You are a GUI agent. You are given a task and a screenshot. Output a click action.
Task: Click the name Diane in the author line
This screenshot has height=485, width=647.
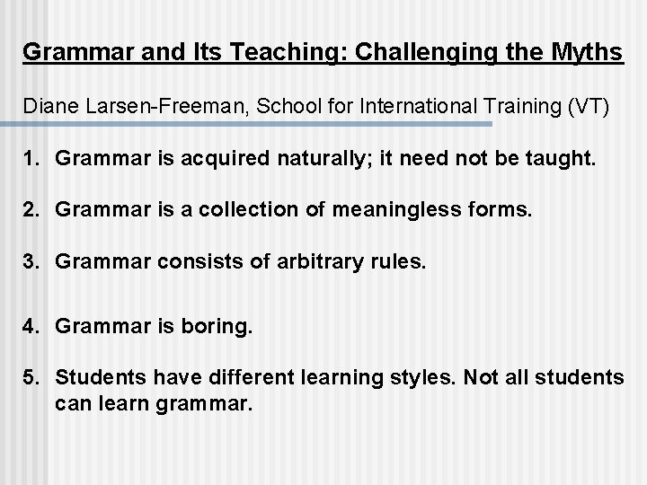click(x=48, y=108)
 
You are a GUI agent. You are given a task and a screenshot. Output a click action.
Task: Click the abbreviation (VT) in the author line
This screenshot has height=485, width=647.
click(x=589, y=108)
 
